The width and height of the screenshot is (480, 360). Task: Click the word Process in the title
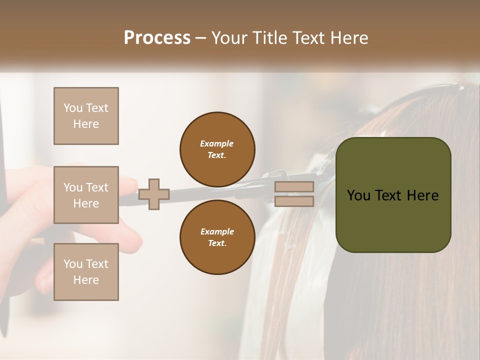pyautogui.click(x=157, y=38)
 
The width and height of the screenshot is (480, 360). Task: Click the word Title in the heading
pyautogui.click(x=270, y=38)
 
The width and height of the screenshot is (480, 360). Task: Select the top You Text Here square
pyautogui.click(x=86, y=116)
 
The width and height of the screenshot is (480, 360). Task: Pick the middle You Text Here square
pyautogui.click(x=86, y=195)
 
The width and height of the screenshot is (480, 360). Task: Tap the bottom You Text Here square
pyautogui.click(x=86, y=272)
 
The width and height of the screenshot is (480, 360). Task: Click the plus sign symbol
pyautogui.click(x=154, y=194)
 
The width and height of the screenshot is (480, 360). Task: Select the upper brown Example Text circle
pyautogui.click(x=217, y=149)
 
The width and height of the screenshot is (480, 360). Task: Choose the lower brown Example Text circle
pyautogui.click(x=217, y=237)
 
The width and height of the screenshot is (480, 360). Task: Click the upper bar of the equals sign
pyautogui.click(x=294, y=187)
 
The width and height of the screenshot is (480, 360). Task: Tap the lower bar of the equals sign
pyautogui.click(x=294, y=201)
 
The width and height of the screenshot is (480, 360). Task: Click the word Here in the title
pyautogui.click(x=348, y=38)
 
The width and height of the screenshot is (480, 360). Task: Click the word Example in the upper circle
pyautogui.click(x=217, y=143)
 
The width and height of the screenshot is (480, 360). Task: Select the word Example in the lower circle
pyautogui.click(x=217, y=231)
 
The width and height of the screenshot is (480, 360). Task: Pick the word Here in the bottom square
pyautogui.click(x=86, y=280)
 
